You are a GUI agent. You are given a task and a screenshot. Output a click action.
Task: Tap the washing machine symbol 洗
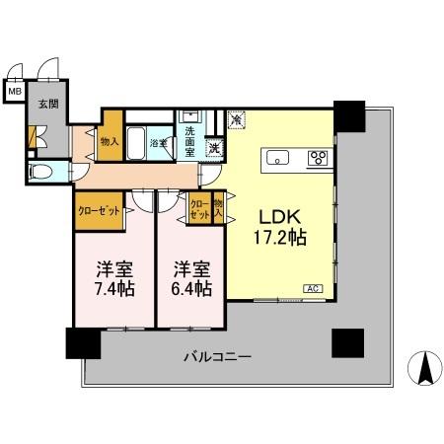coord(214,148)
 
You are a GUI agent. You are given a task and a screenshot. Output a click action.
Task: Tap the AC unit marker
coord(311,288)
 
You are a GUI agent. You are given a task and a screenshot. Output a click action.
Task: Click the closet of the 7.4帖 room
coord(99,210)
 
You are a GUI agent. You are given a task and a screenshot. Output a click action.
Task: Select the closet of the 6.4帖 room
coord(200,210)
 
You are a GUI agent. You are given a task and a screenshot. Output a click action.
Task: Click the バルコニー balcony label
coord(218,356)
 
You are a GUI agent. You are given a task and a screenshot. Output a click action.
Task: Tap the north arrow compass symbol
coord(425,368)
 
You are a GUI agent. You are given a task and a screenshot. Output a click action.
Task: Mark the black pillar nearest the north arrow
coord(347,342)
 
